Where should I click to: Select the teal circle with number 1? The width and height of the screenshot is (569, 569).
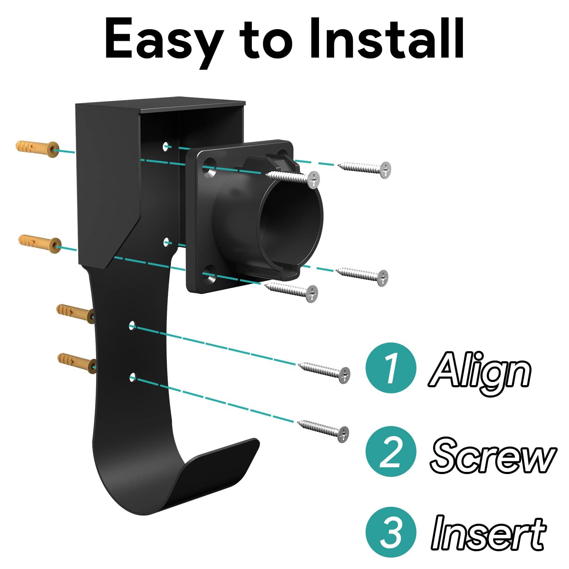[391, 368]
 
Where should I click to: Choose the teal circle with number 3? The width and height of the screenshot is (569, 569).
[391, 532]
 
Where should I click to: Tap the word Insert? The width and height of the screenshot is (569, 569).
[488, 533]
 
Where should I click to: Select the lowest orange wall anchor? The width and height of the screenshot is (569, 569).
[76, 363]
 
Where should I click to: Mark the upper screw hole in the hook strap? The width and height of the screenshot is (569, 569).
[132, 326]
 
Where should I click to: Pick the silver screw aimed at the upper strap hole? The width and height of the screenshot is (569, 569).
[324, 371]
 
